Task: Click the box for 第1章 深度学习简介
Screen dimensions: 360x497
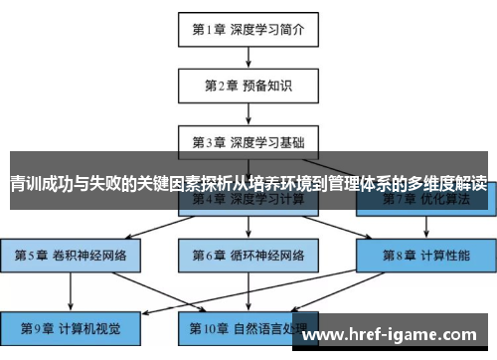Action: point(248,29)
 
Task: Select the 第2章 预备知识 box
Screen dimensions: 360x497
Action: point(248,85)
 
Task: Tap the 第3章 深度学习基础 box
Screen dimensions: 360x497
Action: point(248,141)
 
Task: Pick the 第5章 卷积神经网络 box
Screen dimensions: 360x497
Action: point(70,255)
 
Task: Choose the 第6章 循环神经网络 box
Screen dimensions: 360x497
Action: point(248,255)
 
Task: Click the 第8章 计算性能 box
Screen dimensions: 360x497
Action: point(425,255)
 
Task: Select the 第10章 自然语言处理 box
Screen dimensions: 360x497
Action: point(248,327)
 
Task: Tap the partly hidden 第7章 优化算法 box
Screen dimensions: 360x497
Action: point(425,200)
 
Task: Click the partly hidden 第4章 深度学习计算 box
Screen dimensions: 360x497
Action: point(248,200)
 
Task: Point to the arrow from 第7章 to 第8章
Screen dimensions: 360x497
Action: point(425,226)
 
